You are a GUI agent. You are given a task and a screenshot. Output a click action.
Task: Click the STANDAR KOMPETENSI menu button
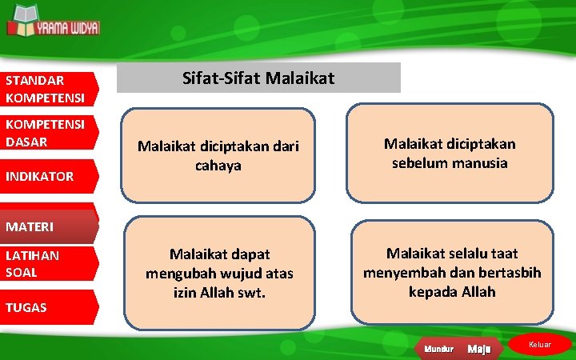click(48, 89)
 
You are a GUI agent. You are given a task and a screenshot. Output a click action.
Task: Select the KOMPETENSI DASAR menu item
click(48, 134)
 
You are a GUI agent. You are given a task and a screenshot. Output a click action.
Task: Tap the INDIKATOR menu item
click(48, 176)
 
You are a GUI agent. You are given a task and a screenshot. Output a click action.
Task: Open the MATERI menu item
click(48, 227)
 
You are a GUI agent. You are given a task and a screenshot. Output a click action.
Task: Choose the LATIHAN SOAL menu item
click(48, 263)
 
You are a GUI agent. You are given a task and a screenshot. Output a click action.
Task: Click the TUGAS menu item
click(48, 307)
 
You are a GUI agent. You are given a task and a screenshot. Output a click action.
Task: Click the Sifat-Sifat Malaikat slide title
click(258, 78)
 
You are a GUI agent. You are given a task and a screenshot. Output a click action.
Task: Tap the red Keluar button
click(541, 344)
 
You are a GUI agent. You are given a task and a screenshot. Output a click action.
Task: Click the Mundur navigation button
click(438, 349)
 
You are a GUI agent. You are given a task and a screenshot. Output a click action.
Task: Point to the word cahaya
click(218, 165)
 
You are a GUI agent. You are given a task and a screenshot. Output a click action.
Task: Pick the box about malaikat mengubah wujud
click(219, 274)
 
